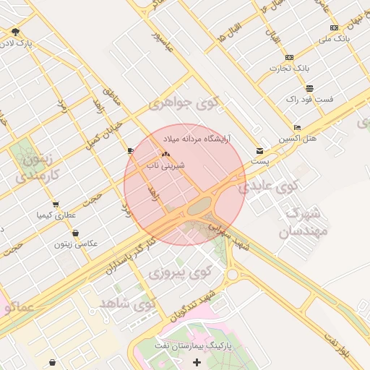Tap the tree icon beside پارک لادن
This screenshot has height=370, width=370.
click(15, 32)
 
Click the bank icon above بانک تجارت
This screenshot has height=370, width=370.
click(290, 57)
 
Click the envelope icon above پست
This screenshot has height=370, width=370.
click(259, 151)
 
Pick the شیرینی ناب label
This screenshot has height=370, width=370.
click(166, 165)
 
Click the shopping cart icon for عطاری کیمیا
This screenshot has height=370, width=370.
click(56, 205)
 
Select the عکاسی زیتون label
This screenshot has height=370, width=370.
click(74, 244)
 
